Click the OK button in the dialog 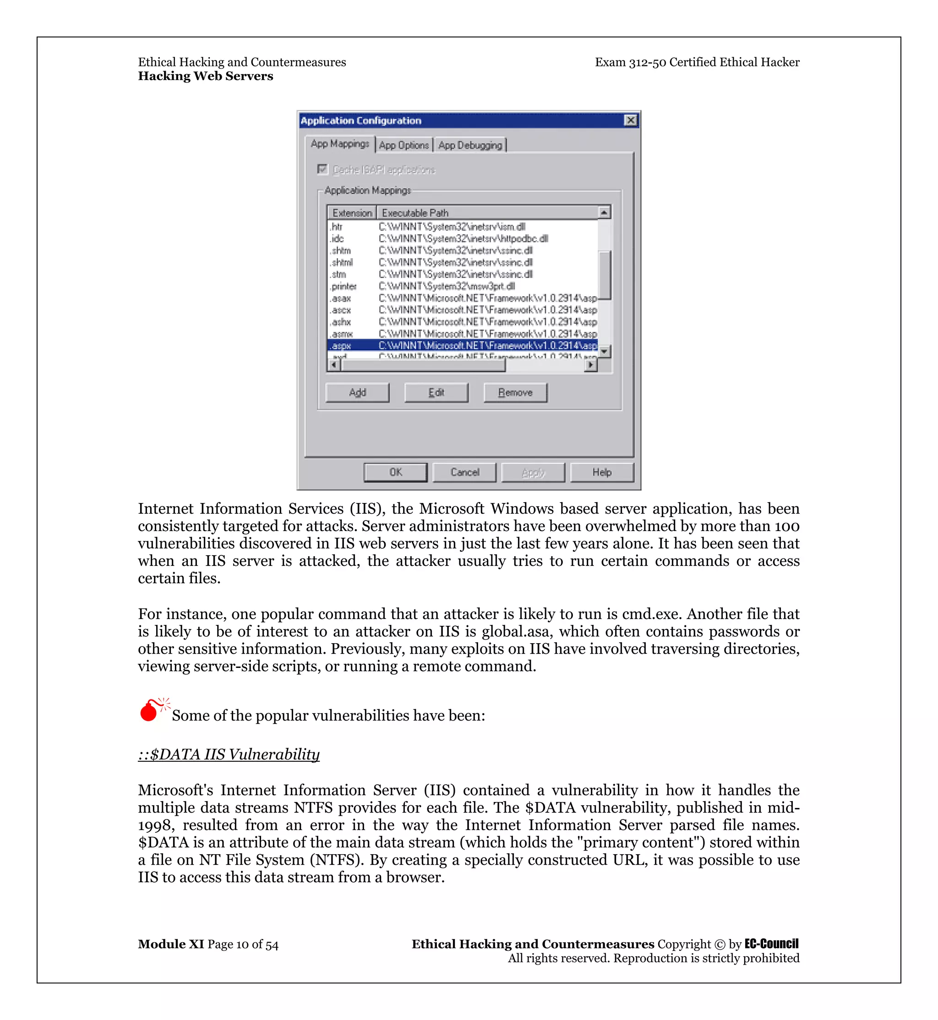click(x=395, y=472)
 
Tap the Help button click(x=601, y=472)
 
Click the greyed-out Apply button click(x=533, y=472)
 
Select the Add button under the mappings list click(x=357, y=393)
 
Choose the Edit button click(x=436, y=393)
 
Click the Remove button click(x=515, y=393)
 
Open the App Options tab click(x=404, y=145)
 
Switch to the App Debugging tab click(x=470, y=145)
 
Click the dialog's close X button click(x=630, y=120)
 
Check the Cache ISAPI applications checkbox click(x=322, y=169)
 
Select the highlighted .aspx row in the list click(x=462, y=346)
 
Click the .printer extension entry click(x=344, y=286)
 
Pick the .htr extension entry click(x=337, y=227)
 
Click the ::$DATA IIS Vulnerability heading click(x=229, y=754)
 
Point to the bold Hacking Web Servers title click(x=206, y=76)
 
